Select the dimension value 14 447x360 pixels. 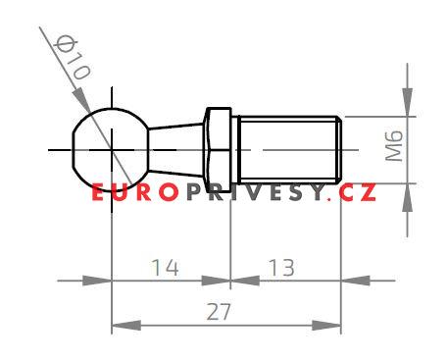(x=166, y=267)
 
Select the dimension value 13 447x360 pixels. (x=281, y=267)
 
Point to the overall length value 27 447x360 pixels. (x=226, y=311)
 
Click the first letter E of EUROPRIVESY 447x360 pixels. (x=99, y=193)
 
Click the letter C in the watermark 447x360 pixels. (x=346, y=193)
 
